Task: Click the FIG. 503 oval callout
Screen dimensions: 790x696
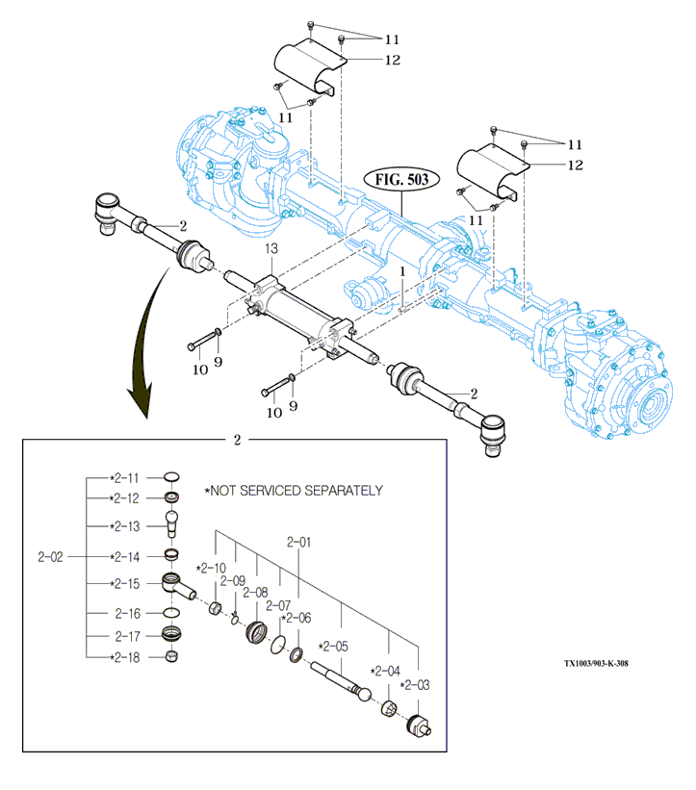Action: click(x=401, y=180)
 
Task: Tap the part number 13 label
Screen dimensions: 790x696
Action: click(x=271, y=248)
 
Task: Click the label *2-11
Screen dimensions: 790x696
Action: click(x=125, y=477)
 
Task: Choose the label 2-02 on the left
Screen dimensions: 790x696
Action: click(x=51, y=557)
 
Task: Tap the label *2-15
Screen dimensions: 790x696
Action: click(x=125, y=584)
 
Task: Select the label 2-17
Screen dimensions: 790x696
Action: click(x=127, y=636)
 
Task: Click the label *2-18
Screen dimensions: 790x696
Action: click(x=125, y=657)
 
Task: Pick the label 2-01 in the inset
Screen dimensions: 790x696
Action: click(x=299, y=543)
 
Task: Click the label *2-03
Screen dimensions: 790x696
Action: click(x=414, y=685)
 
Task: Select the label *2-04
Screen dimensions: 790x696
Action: click(x=385, y=671)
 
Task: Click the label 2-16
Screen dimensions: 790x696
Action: click(x=127, y=613)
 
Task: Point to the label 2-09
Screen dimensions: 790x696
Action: click(x=233, y=580)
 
